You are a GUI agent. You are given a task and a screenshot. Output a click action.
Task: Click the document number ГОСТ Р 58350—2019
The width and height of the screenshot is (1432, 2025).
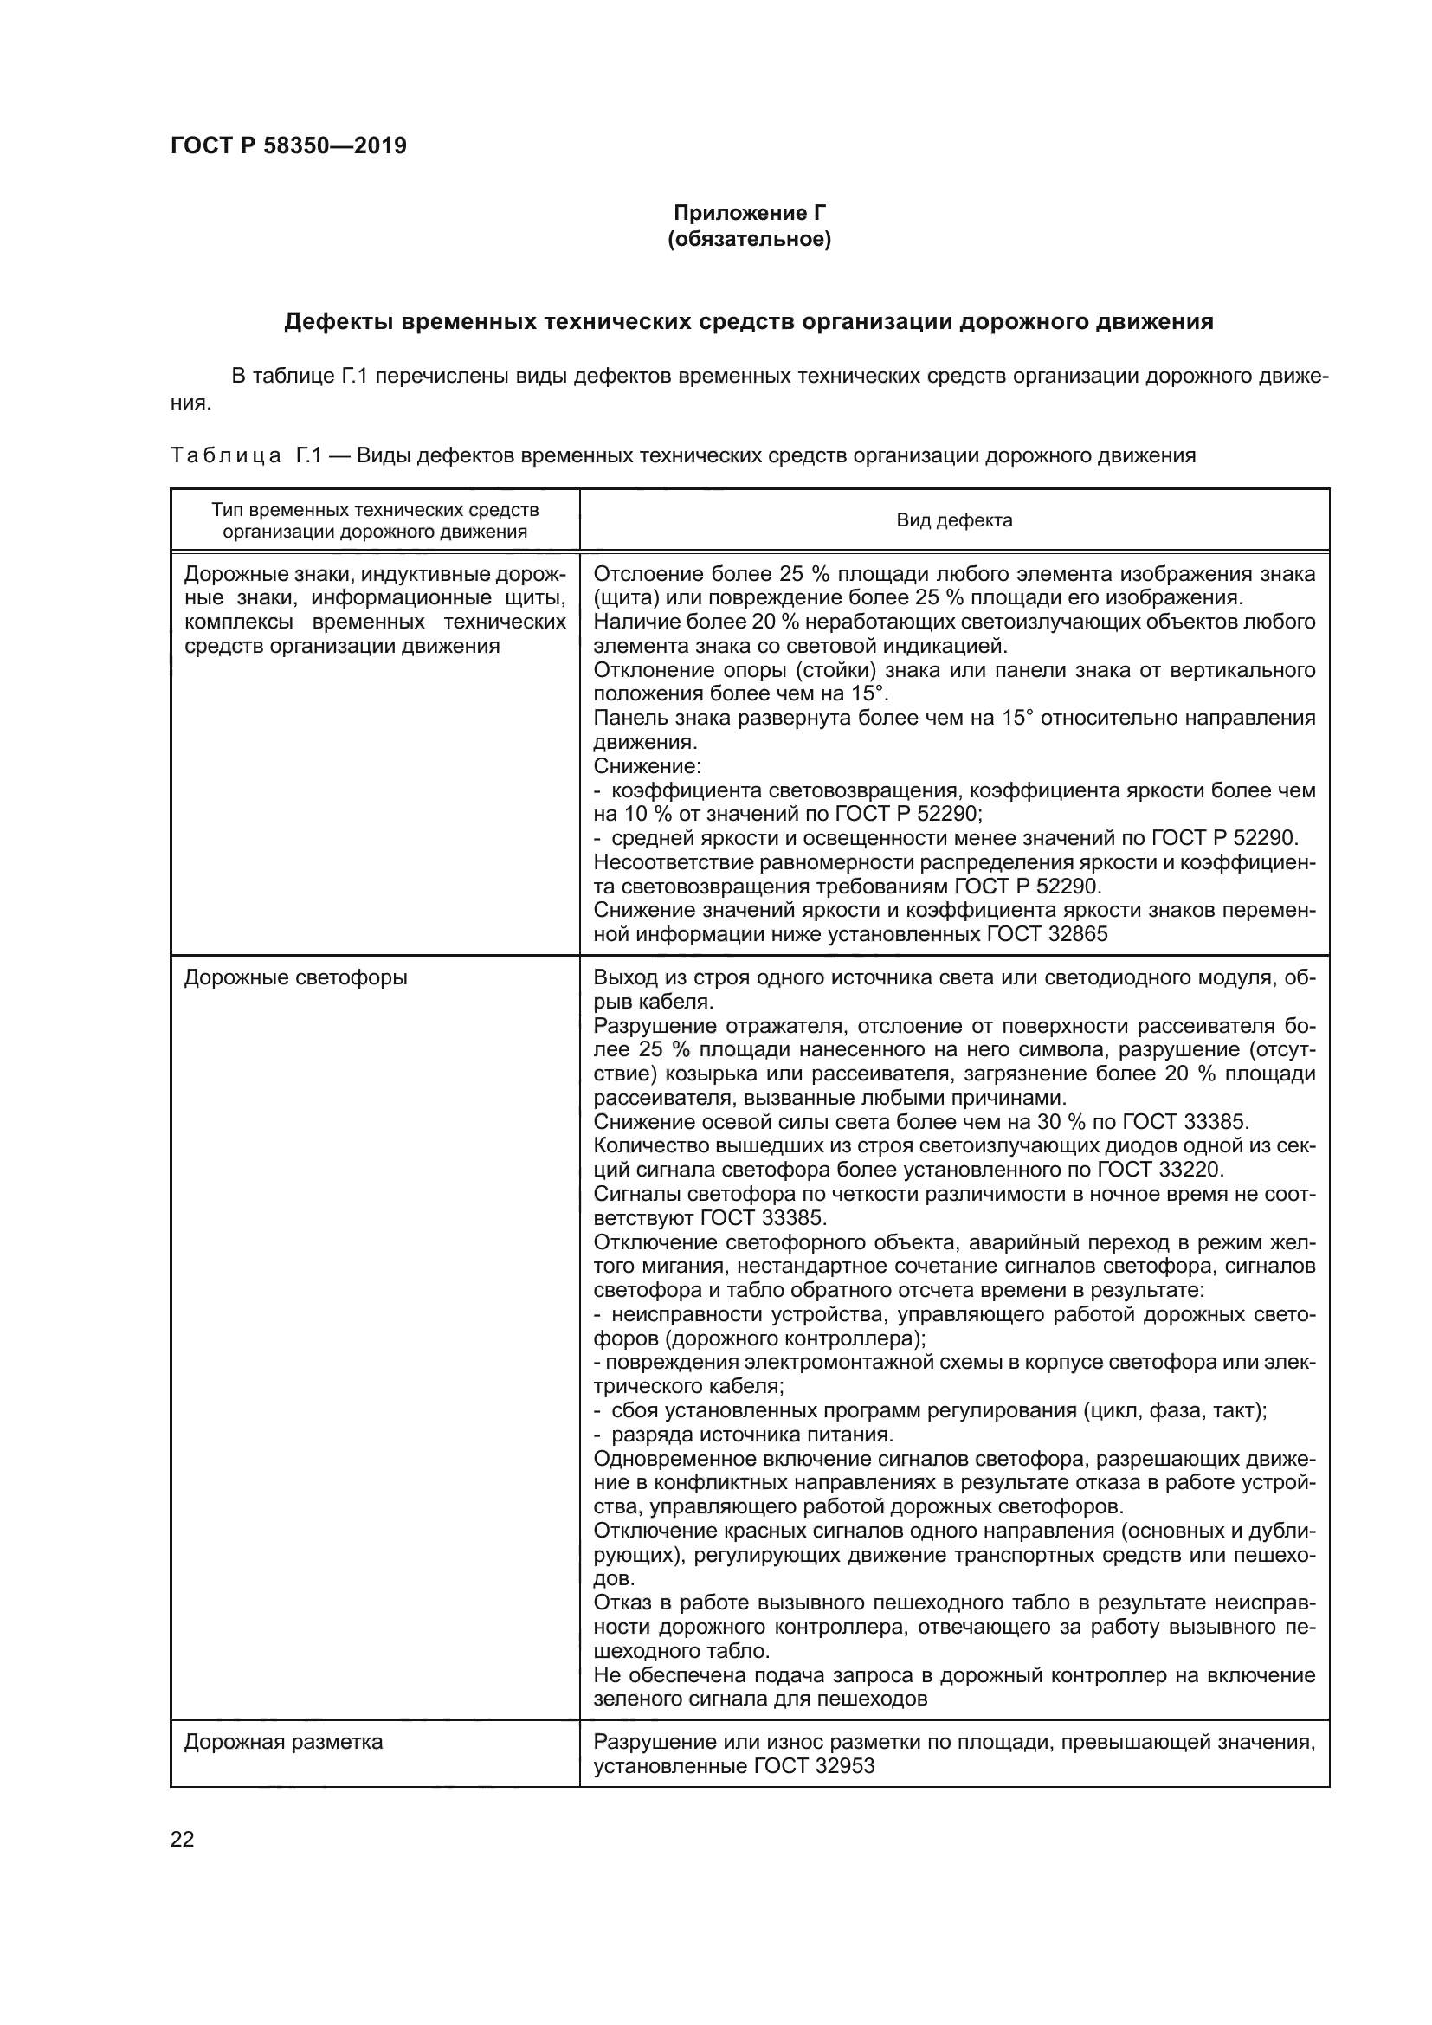click(x=288, y=145)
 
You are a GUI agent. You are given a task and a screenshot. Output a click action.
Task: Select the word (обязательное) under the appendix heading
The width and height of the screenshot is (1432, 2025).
click(x=750, y=239)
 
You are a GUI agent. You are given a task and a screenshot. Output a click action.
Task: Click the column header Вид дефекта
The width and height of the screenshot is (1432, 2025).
click(x=954, y=520)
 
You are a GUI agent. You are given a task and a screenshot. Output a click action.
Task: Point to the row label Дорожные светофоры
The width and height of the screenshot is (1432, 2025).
click(x=295, y=978)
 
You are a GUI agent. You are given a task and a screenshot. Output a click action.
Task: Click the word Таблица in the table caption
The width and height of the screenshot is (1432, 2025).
click(x=226, y=456)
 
